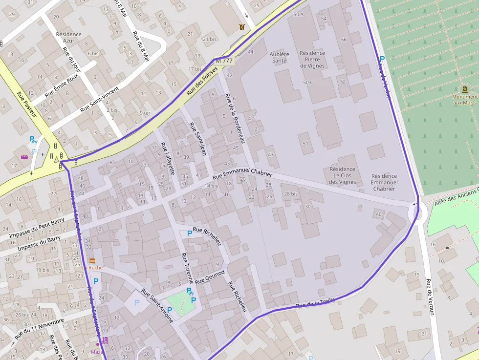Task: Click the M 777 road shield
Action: [224, 61]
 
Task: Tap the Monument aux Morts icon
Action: [464, 89]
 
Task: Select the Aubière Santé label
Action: [280, 58]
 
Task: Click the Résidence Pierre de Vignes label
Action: [312, 59]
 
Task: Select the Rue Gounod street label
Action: [210, 277]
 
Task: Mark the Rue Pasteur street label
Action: [27, 105]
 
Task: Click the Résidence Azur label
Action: [69, 38]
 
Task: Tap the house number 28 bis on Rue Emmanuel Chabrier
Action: [290, 194]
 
